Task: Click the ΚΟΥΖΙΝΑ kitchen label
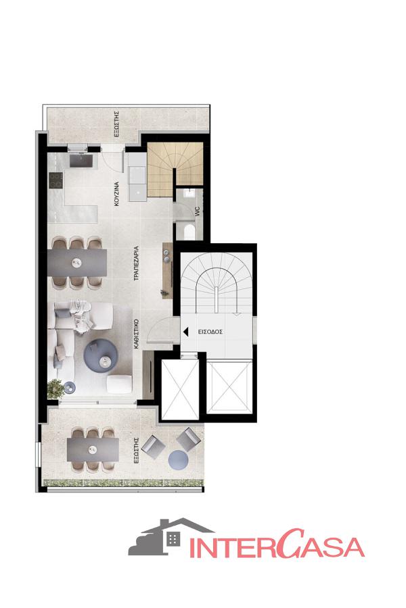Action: (117, 193)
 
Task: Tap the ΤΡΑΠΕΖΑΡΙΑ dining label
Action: (136, 263)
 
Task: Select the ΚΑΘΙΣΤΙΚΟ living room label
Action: (136, 334)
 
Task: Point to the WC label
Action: (198, 211)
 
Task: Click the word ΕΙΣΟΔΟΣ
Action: (210, 332)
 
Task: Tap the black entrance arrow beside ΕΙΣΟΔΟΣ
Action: (185, 332)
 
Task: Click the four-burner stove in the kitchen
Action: (55, 180)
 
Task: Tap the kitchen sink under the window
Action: (81, 161)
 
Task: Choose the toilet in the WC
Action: (189, 232)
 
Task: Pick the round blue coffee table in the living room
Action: (101, 356)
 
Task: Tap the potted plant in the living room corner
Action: (55, 388)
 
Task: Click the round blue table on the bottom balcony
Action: (179, 459)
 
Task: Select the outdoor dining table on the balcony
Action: (93, 450)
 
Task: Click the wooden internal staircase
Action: (175, 170)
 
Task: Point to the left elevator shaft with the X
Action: (180, 389)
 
